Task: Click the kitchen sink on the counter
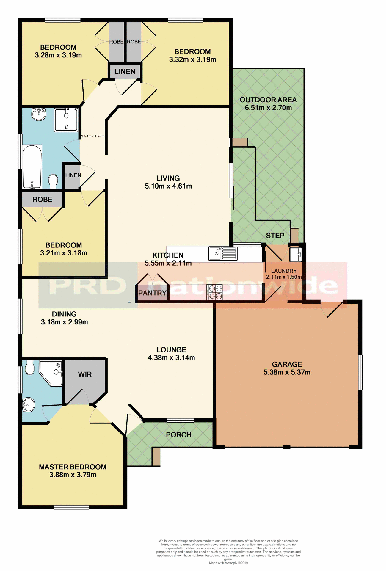tap(223, 254)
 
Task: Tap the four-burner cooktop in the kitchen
tap(214, 292)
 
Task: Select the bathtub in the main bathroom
tap(32, 167)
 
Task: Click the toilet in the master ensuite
tap(30, 368)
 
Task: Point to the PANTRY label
tap(152, 293)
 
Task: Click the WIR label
tap(85, 374)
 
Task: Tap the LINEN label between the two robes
tap(125, 72)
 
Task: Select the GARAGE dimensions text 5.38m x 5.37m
tap(287, 372)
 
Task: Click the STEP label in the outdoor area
tap(275, 236)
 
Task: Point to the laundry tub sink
tap(296, 254)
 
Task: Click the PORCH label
tap(178, 435)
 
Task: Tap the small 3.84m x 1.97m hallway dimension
tap(93, 136)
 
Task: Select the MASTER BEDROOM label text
tap(73, 467)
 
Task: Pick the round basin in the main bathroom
tap(39, 114)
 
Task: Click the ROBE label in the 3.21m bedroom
tap(42, 200)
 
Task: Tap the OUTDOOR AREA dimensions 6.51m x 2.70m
tap(268, 108)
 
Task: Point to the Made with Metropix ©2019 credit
tap(228, 563)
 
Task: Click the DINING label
tap(64, 314)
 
